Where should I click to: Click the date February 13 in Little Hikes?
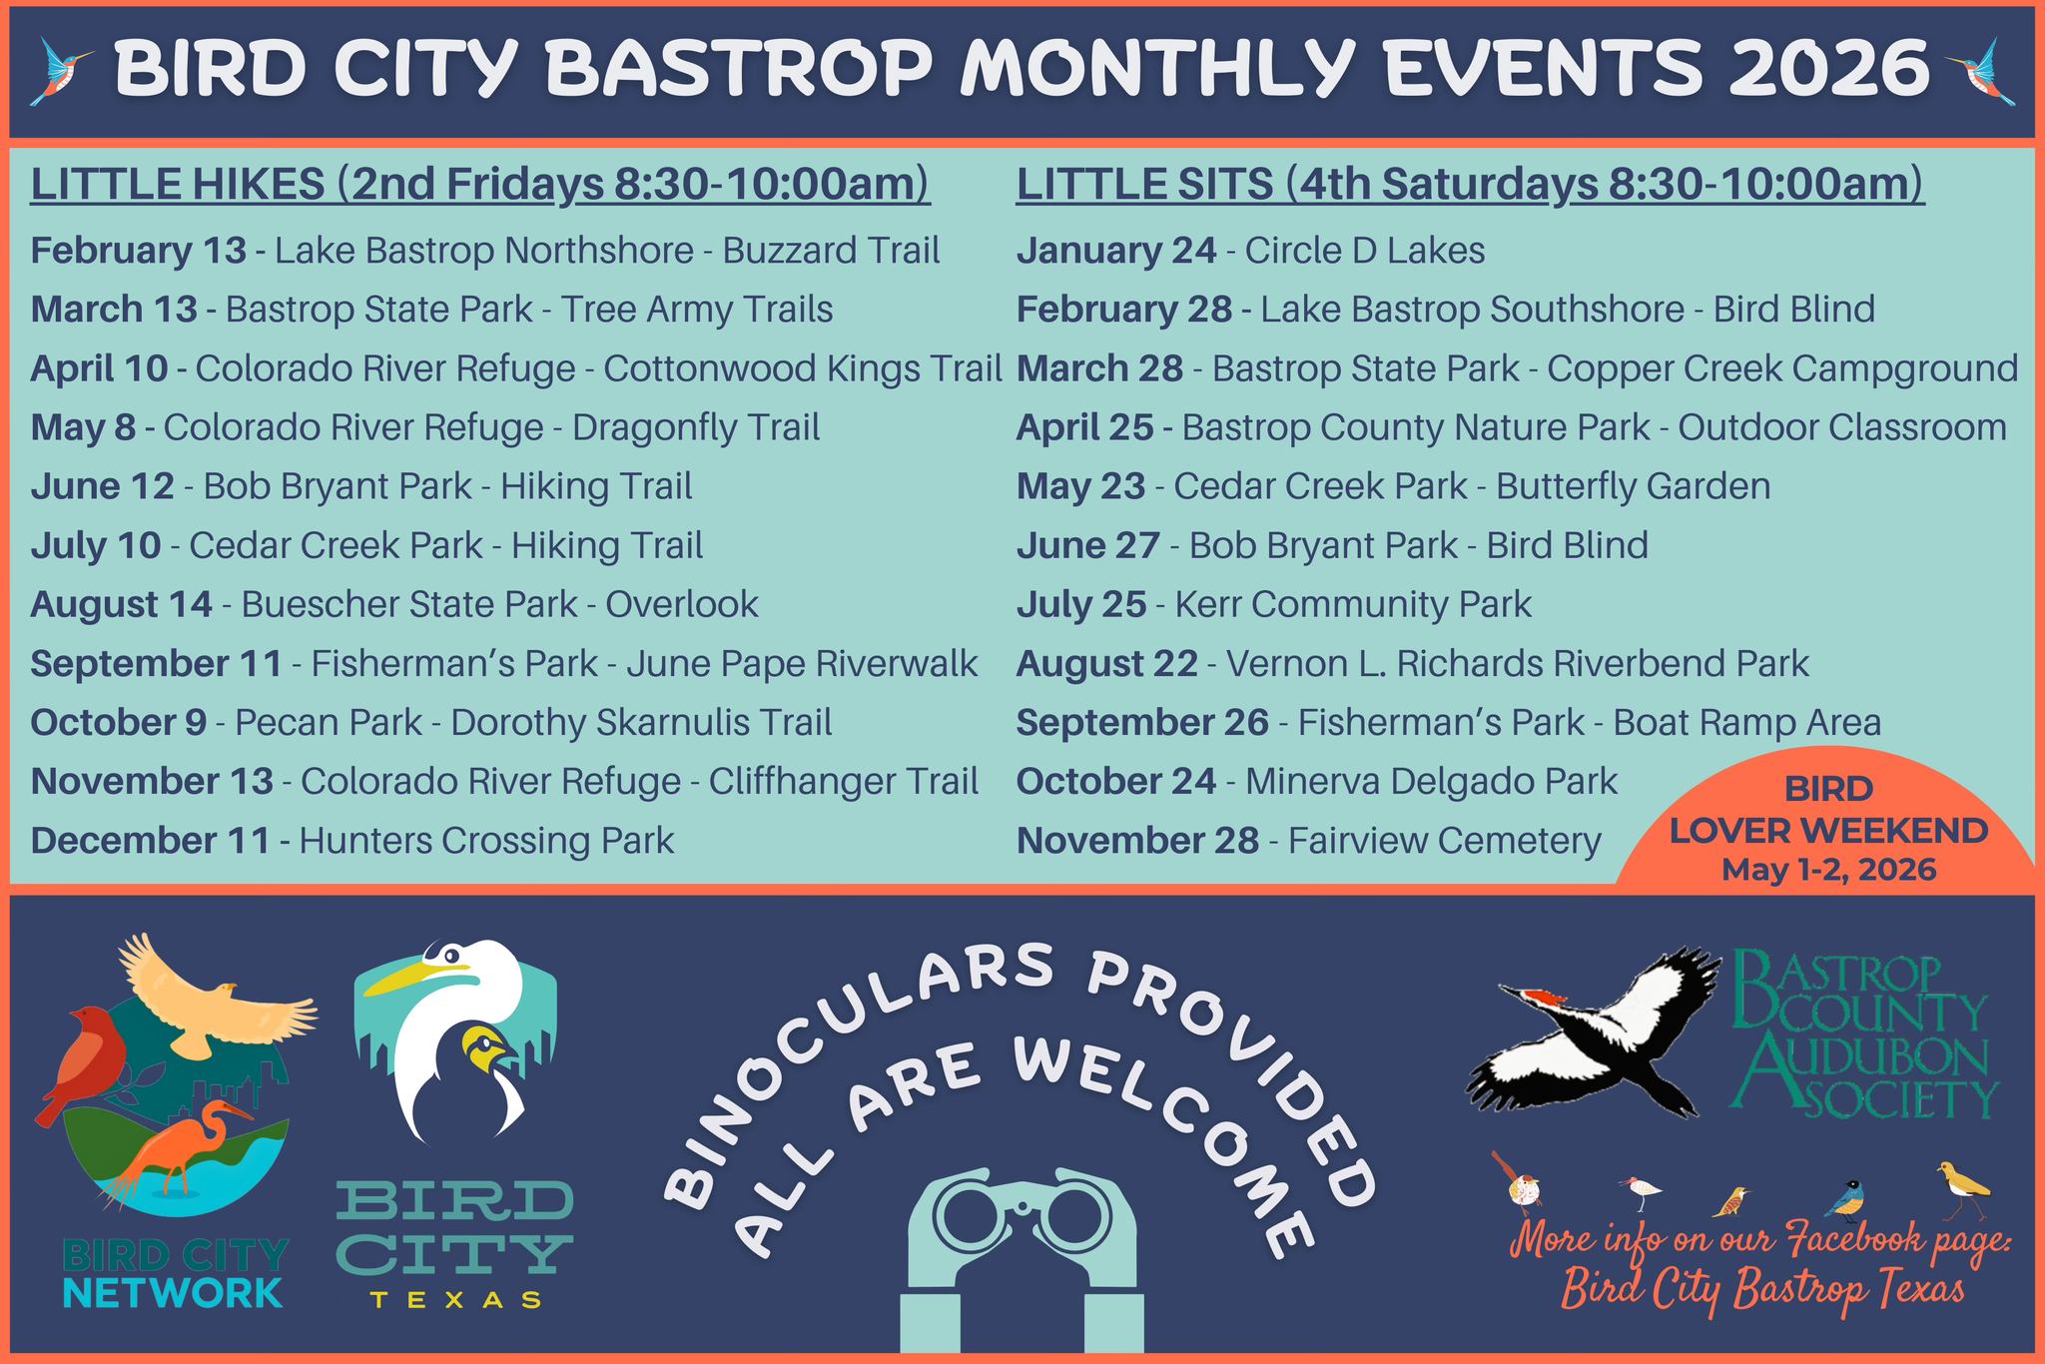[x=139, y=250]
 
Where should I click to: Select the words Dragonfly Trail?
[x=696, y=427]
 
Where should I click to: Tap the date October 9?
[x=119, y=722]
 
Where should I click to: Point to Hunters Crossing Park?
[x=486, y=841]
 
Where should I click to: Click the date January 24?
[x=1116, y=250]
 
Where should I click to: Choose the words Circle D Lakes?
[x=1365, y=250]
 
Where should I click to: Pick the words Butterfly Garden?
[x=1633, y=486]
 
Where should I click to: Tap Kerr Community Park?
[x=1353, y=604]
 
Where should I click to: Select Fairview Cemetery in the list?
[x=1445, y=841]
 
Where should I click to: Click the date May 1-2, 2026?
[x=1829, y=870]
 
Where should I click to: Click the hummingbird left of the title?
[x=62, y=70]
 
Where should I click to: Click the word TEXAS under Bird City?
[x=456, y=1299]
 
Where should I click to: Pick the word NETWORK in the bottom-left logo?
[x=173, y=1293]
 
